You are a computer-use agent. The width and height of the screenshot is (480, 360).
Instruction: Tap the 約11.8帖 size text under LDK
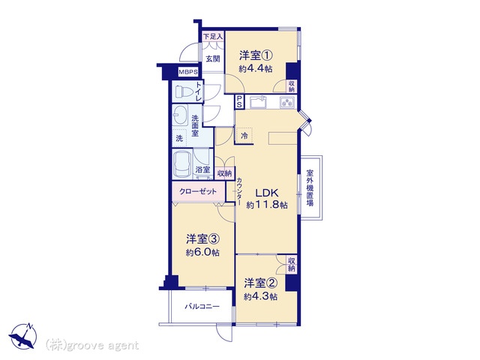(x=267, y=205)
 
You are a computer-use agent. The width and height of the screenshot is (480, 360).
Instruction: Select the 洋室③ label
(x=202, y=238)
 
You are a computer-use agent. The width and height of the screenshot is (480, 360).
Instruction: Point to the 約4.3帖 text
(x=261, y=297)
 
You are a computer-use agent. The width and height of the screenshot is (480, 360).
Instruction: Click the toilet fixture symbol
(x=183, y=91)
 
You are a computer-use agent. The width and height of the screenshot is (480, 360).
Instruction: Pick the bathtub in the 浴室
(x=182, y=165)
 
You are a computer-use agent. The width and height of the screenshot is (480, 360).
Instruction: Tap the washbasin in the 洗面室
(x=181, y=115)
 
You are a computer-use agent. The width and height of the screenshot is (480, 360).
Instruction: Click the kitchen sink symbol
(x=259, y=102)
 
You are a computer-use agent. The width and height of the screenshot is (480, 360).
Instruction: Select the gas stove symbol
(x=287, y=102)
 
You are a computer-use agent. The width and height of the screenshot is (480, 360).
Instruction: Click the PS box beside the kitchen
(x=239, y=101)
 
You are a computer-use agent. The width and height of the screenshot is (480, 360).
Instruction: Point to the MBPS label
(x=188, y=72)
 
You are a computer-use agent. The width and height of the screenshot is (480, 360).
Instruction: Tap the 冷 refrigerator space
(x=244, y=136)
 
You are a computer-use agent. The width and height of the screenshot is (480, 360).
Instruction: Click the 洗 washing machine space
(x=180, y=138)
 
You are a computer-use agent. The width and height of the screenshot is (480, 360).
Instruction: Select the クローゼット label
(x=198, y=192)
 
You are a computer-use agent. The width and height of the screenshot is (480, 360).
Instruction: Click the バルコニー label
(x=202, y=307)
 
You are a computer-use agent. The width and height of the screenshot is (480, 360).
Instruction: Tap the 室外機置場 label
(x=310, y=187)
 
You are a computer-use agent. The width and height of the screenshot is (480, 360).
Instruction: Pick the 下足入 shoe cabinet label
(x=213, y=36)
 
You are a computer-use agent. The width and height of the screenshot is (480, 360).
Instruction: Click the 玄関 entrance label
(x=213, y=58)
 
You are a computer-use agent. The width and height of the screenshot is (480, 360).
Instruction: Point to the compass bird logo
(x=23, y=336)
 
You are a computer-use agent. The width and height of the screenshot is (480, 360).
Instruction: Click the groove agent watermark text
(x=91, y=345)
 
